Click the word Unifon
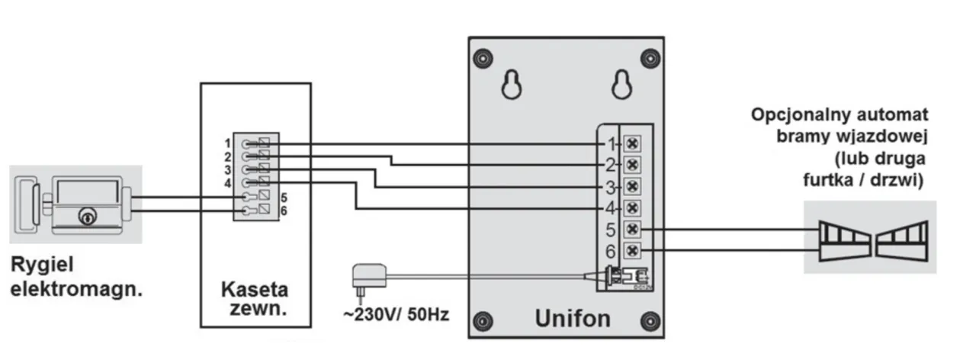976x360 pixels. pyautogui.click(x=572, y=317)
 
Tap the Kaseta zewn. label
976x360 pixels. pyautogui.click(x=255, y=299)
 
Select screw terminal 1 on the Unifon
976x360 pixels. pyautogui.click(x=632, y=143)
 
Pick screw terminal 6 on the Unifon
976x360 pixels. pyautogui.click(x=632, y=251)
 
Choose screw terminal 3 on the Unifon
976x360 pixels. pyautogui.click(x=632, y=186)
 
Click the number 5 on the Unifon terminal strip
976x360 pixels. pyautogui.click(x=610, y=230)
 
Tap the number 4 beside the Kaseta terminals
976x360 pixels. pyautogui.click(x=228, y=183)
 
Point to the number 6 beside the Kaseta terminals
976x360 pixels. pyautogui.click(x=284, y=210)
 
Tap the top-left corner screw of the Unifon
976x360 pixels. pyautogui.click(x=481, y=57)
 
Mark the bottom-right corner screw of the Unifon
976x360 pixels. pyautogui.click(x=649, y=320)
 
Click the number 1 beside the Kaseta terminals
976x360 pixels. pyautogui.click(x=228, y=143)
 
